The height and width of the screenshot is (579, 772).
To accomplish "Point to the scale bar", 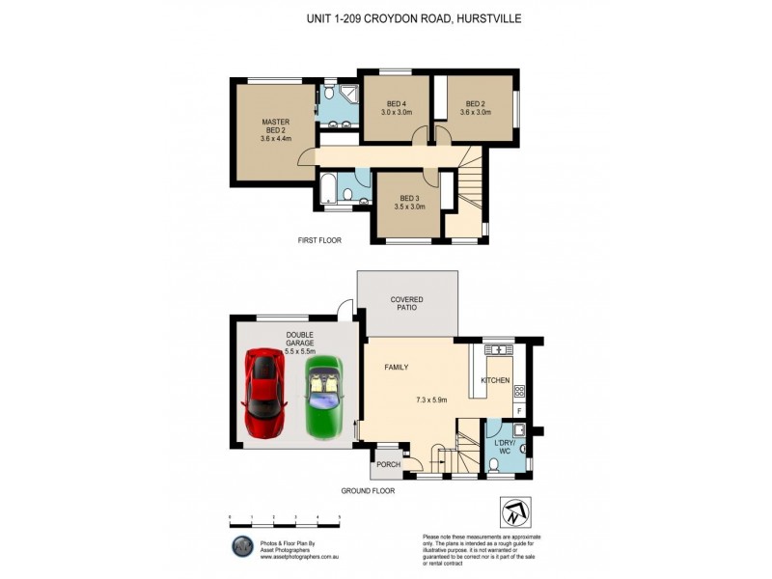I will tap(286, 522).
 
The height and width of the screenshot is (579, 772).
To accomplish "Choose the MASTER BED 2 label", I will tap(275, 129).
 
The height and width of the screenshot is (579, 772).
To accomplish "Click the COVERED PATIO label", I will tap(406, 304).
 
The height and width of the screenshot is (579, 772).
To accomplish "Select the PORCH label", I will tap(388, 465).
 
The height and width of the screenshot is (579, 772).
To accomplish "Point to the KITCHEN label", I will tap(495, 381).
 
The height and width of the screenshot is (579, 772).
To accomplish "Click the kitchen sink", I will tap(500, 348).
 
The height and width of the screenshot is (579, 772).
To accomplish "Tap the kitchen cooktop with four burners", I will tap(519, 392).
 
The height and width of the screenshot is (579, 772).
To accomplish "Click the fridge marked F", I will tap(518, 410).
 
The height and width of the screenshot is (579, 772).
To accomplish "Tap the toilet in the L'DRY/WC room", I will tap(495, 463).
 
